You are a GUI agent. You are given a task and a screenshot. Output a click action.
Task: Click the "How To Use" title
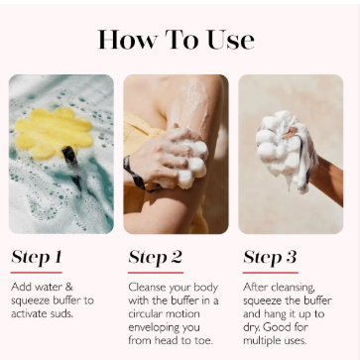coord(177,40)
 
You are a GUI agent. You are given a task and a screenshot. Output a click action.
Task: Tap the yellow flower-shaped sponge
coord(53,133)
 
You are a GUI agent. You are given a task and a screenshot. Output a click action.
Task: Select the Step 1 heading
coord(37,257)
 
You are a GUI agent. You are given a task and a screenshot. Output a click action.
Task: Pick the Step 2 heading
coord(155,257)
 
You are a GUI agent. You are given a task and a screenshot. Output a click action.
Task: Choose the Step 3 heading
coord(270,257)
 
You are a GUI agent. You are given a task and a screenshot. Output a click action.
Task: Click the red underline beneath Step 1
coord(36,273)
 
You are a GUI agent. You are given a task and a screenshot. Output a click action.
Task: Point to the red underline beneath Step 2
coord(156,273)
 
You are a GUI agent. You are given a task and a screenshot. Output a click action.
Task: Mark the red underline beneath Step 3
coord(271,273)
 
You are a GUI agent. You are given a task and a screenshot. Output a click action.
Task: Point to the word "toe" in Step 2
coord(204,340)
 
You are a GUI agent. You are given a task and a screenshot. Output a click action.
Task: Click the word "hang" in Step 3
coord(271,313)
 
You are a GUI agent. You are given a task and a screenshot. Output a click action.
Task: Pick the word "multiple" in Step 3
coord(261,340)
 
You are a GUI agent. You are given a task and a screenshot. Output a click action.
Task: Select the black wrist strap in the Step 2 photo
coord(137,176)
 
